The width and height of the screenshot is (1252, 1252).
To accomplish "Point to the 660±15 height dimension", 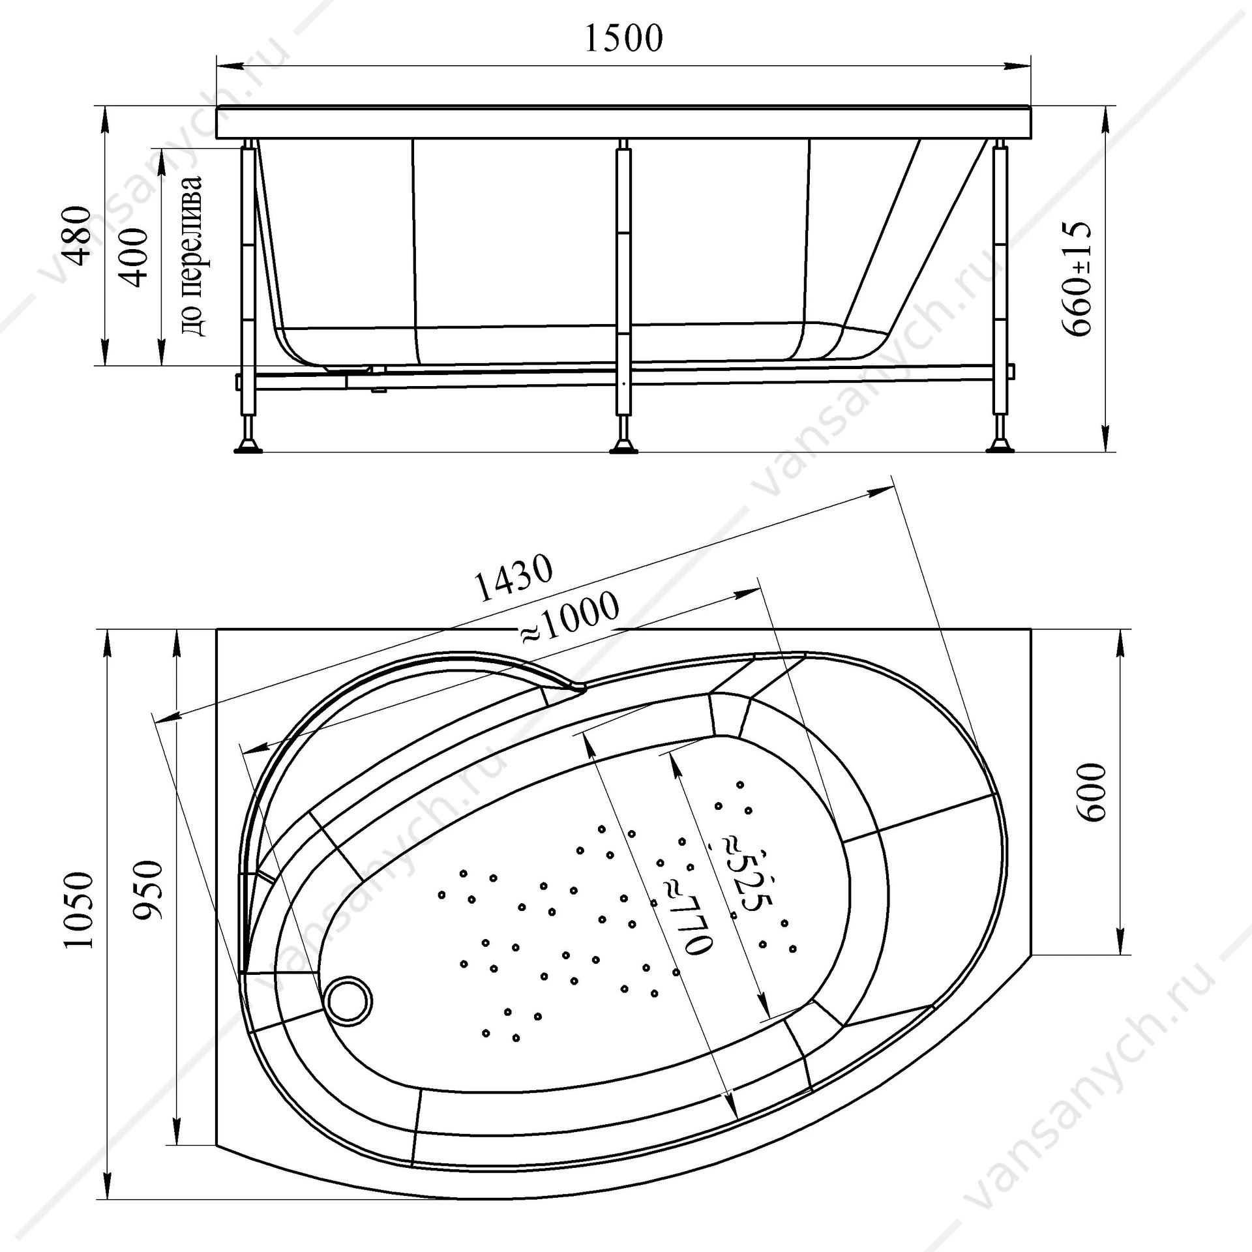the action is tap(1077, 278).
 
